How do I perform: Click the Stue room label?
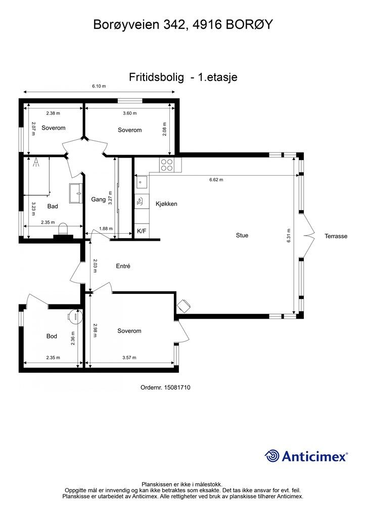tap(242, 235)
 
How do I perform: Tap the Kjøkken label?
tap(166, 204)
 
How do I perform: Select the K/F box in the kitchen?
tap(142, 231)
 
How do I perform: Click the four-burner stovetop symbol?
tap(167, 165)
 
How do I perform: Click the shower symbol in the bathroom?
tap(36, 162)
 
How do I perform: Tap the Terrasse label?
tap(336, 236)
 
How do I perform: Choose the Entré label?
tap(123, 266)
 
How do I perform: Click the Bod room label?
tap(52, 336)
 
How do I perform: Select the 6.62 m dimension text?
tap(216, 180)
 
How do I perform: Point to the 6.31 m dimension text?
tap(289, 236)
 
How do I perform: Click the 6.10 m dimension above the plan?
tap(99, 86)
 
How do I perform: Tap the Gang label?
tap(99, 199)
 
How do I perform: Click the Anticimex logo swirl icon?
tap(272, 456)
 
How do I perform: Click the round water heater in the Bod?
tap(76, 316)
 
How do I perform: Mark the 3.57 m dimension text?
tap(129, 357)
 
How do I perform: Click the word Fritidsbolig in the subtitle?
tap(156, 77)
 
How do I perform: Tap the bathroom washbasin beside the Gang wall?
tap(76, 193)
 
